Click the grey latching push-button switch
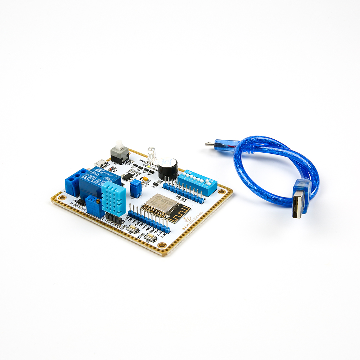[120, 153]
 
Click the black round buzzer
[168, 168]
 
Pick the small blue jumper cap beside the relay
[136, 188]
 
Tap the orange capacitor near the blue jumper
[145, 179]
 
